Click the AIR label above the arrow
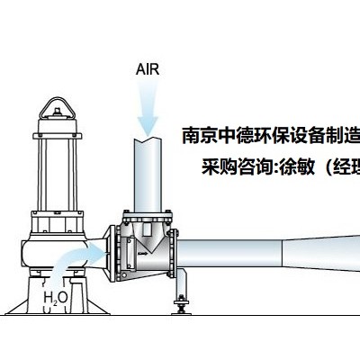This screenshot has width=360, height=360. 148,69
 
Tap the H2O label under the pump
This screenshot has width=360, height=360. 56,298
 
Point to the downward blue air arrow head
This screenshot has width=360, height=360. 148,125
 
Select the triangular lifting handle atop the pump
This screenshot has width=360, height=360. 57,109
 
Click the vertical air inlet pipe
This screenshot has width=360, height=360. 148,175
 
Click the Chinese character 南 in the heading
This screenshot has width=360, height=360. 191,136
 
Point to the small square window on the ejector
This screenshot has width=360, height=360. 147,229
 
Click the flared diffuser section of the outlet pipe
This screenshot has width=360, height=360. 321,251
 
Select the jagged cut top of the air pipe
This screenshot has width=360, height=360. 148,139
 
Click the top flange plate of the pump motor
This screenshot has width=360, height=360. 58,136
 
